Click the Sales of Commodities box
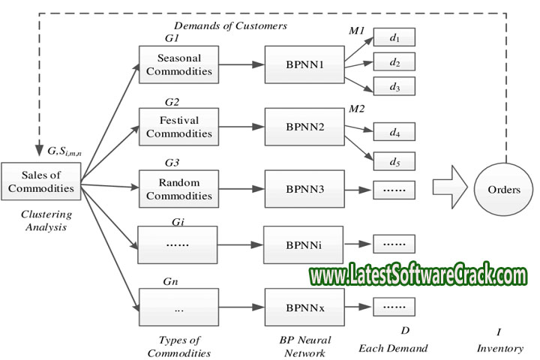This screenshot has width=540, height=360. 42,182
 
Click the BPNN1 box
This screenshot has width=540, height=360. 304,65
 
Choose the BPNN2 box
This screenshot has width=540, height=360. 304,127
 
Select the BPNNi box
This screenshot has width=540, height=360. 304,244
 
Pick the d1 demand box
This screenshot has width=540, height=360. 394,37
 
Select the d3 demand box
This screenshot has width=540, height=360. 394,88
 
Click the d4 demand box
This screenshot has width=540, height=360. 394,133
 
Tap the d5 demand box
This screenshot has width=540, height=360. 394,161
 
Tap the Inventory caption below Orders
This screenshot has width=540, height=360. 499,348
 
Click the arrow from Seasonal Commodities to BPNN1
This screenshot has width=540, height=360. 241,65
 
